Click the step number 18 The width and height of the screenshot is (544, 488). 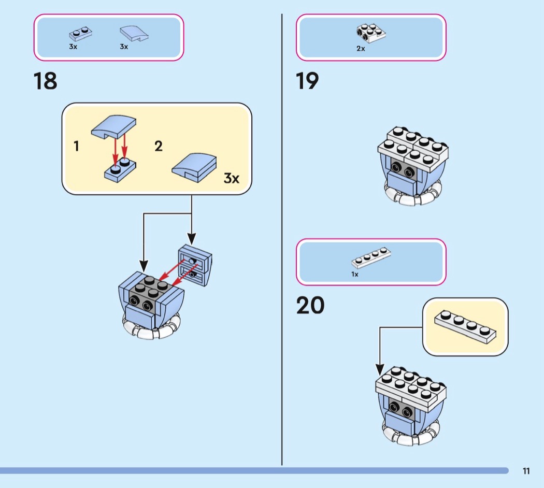46,81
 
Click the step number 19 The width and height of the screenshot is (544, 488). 308,81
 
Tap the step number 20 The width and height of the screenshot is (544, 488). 311,306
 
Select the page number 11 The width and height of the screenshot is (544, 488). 526,471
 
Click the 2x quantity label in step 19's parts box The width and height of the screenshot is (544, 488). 361,49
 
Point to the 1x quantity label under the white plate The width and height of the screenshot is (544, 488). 355,274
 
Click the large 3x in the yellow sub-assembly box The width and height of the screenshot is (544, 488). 231,179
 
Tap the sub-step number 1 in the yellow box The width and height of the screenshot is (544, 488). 77,147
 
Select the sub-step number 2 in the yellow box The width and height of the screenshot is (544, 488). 159,147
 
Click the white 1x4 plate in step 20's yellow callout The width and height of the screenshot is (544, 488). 465,326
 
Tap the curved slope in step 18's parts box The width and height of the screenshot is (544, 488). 134,34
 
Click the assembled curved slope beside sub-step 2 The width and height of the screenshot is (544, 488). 193,167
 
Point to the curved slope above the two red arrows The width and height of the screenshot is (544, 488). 114,126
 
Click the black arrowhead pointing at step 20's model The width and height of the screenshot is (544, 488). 380,370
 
